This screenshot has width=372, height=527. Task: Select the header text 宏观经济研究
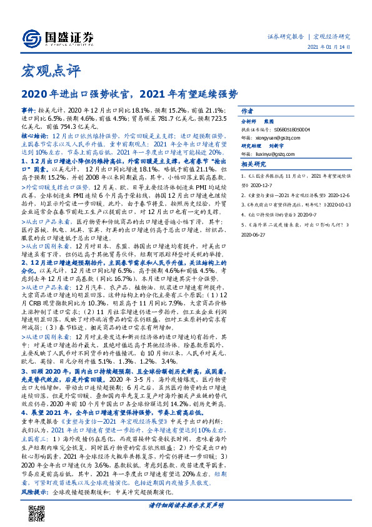click(x=332, y=37)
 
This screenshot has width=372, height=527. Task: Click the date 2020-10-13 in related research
click(x=335, y=204)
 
